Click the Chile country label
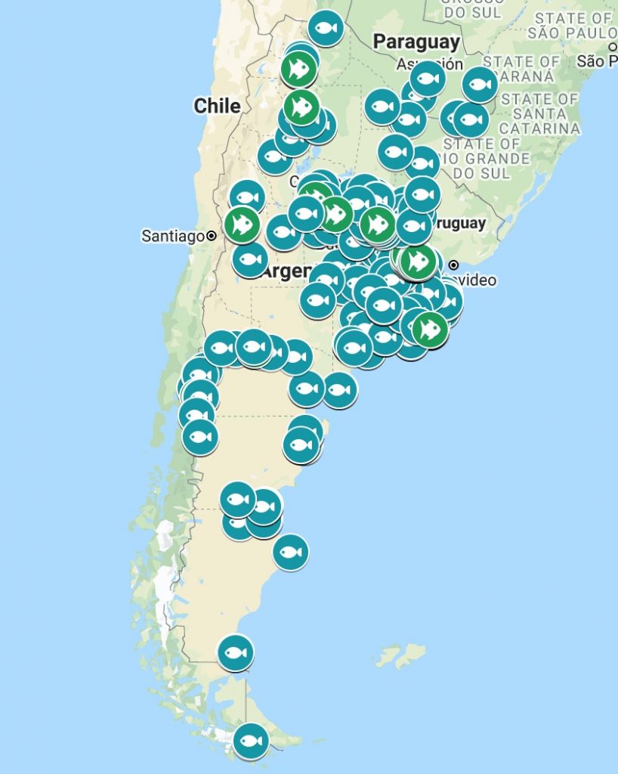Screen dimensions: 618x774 coord(217,106)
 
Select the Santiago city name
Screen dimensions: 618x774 coord(173,237)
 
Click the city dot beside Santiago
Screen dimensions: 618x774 coord(212,236)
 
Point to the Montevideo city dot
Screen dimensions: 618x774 coord(453,265)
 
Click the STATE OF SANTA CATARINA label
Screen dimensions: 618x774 coord(539,113)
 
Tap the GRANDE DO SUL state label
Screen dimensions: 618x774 coord(487,159)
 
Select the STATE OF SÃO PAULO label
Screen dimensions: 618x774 coord(571,25)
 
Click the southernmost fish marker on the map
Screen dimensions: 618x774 coord(250,741)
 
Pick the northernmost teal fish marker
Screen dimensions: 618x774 coord(326,29)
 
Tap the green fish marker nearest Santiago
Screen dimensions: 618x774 coord(242,224)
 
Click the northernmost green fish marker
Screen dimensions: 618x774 coord(298,70)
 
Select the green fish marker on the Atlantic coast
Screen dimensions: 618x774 coord(430,330)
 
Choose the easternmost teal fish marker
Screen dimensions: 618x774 coord(480,85)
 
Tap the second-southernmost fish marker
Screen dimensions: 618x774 coord(235,652)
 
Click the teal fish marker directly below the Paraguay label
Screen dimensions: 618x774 coord(428,79)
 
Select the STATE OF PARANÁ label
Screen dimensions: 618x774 coord(521,69)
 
